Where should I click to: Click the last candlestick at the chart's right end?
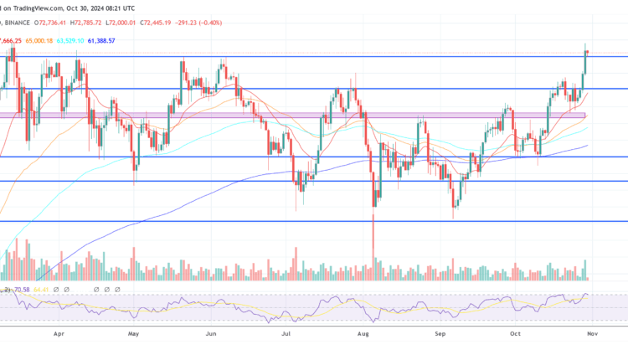pyautogui.click(x=587, y=53)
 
